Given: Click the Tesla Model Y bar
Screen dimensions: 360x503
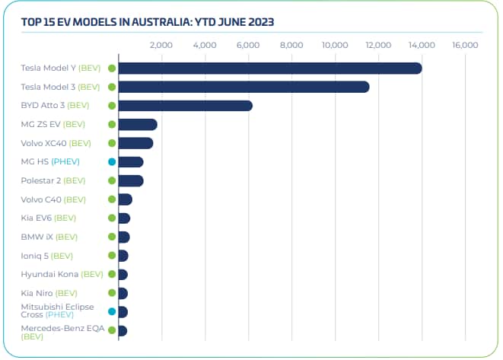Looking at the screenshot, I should (269, 68).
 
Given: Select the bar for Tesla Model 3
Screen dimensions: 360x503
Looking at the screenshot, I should (244, 87).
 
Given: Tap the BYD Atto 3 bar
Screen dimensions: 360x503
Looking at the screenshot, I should (185, 106).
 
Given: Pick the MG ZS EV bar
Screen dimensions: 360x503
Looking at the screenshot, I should (138, 124).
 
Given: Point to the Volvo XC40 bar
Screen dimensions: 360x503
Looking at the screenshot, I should (135, 143).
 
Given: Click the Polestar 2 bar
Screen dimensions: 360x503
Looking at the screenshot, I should (131, 180).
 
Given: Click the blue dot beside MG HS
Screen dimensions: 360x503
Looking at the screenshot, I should (112, 161).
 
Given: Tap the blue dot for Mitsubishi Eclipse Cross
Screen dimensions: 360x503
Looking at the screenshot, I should (112, 311).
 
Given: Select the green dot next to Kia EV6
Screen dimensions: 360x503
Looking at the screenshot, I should (112, 218).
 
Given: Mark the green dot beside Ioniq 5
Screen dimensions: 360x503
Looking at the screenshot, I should (112, 256).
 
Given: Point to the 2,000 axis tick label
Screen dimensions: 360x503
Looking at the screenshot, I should (161, 46).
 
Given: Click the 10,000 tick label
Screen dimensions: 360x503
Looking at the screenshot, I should (335, 46).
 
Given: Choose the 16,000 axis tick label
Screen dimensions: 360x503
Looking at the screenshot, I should (465, 46).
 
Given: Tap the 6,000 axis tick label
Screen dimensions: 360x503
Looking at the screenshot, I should (248, 46).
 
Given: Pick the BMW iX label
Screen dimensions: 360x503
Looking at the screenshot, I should (49, 237).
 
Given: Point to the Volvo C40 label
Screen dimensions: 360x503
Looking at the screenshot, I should (53, 199).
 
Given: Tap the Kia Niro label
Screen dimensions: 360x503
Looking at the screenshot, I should (49, 293).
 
